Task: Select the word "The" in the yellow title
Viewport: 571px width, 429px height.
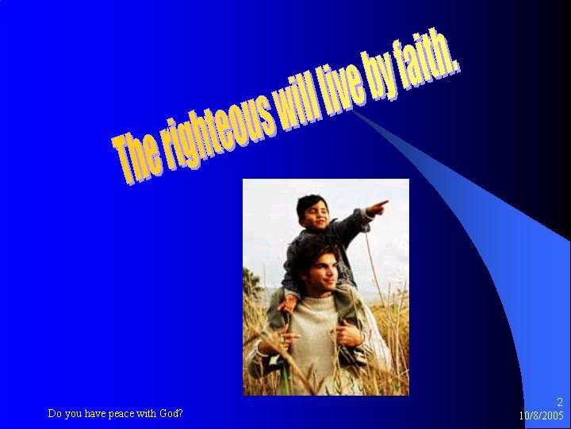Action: point(136,157)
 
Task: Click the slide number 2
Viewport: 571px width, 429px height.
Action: point(560,402)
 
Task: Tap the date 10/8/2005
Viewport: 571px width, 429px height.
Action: point(542,415)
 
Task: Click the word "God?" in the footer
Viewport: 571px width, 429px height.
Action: point(171,413)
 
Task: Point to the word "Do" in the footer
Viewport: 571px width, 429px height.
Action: point(55,413)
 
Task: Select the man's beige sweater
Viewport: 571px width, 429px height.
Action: point(314,339)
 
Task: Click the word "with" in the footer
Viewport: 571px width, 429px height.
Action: point(148,413)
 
